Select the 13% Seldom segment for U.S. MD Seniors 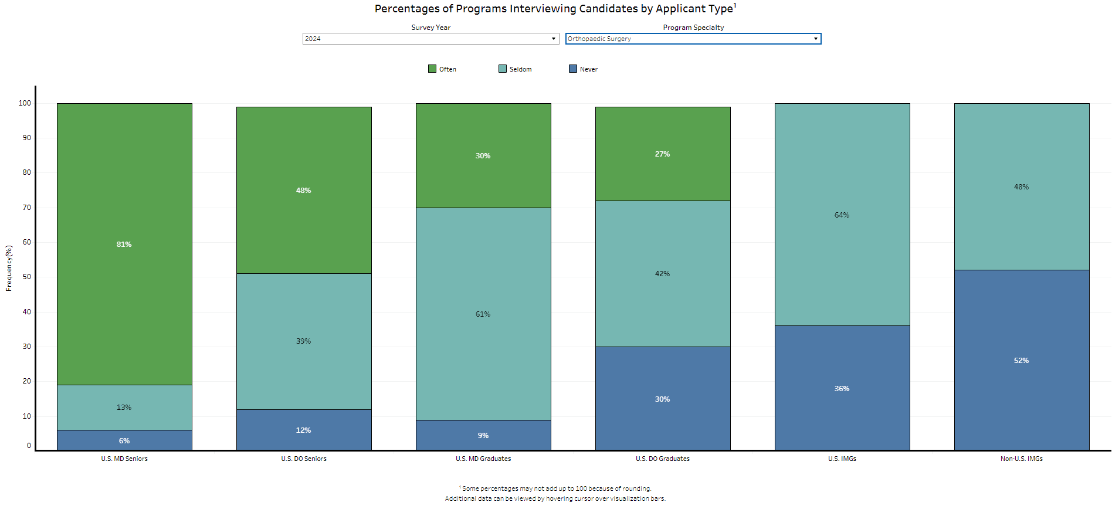pos(124,408)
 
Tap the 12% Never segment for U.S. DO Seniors pos(304,430)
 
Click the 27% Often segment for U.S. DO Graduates pos(663,154)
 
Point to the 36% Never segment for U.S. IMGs pos(842,388)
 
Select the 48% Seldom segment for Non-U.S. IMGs pos(1022,187)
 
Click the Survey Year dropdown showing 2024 pos(430,39)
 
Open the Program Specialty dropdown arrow pos(815,39)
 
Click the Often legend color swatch pos(432,69)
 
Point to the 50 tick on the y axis pos(27,277)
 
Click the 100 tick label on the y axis pos(25,103)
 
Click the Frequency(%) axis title pos(9,268)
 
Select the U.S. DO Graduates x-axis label pos(663,459)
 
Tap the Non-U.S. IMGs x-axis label pos(1022,459)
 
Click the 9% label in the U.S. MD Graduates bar pos(483,436)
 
